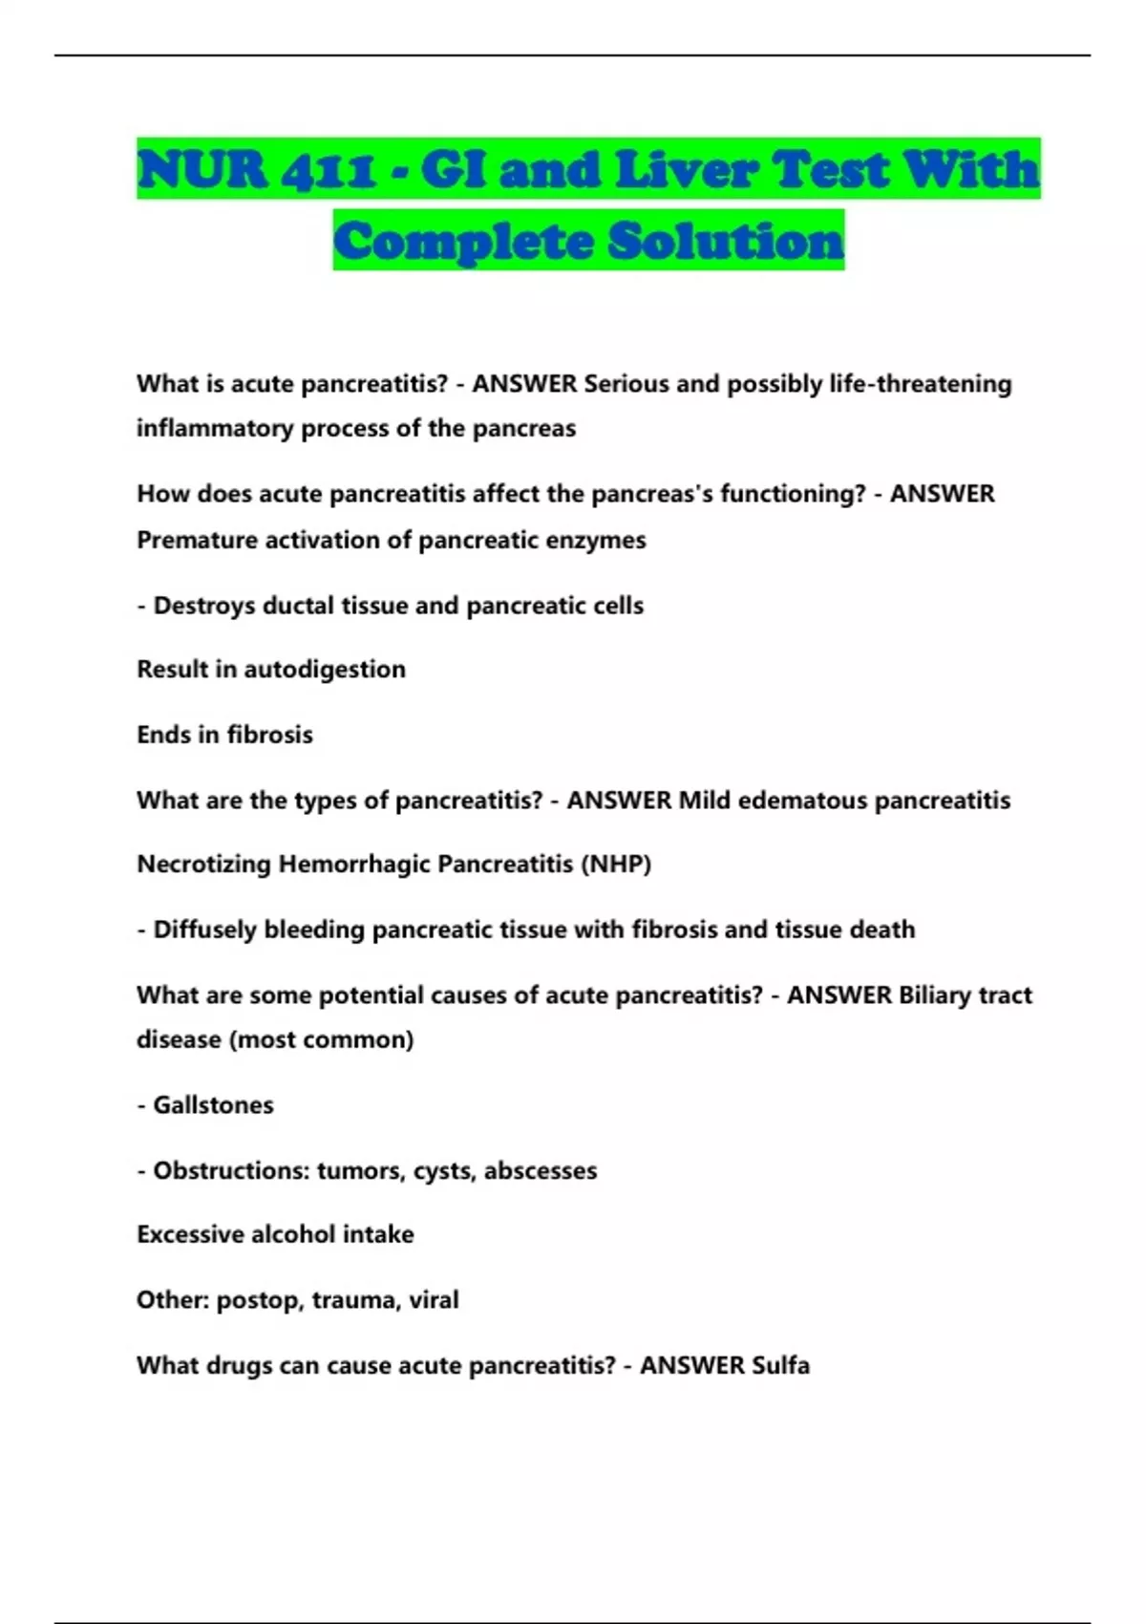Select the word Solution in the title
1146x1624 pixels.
click(x=726, y=241)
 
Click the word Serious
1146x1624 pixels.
click(x=626, y=384)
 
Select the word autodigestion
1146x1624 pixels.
click(x=325, y=670)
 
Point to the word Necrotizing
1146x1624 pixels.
click(x=203, y=865)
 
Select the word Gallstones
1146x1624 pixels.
click(x=213, y=1105)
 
